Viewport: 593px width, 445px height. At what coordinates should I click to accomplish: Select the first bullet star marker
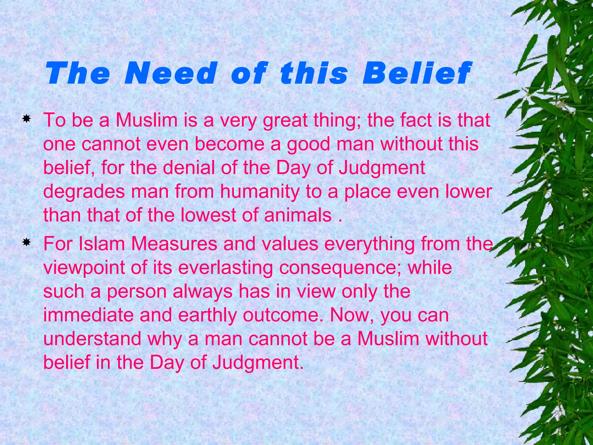click(26, 119)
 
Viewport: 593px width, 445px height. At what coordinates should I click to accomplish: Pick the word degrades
click(84, 192)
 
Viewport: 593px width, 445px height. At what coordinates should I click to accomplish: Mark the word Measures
click(174, 244)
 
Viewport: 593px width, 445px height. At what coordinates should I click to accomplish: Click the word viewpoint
click(84, 268)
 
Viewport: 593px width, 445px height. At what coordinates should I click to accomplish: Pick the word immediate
click(88, 315)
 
